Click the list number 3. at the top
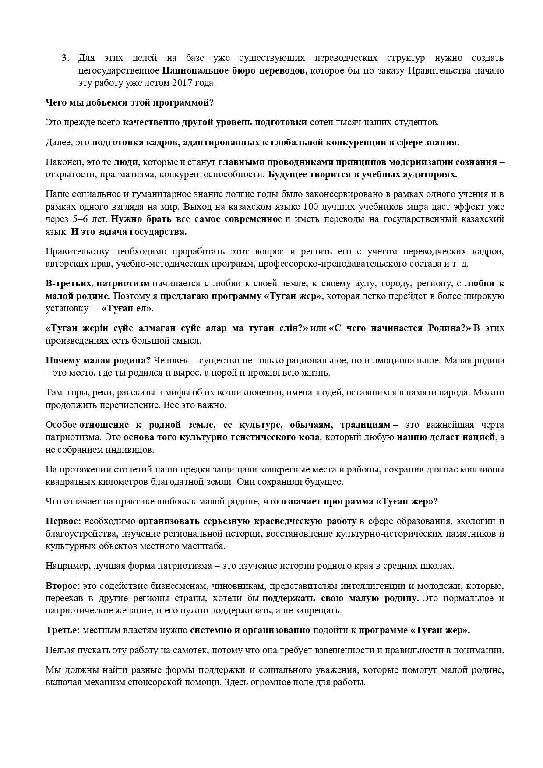65,58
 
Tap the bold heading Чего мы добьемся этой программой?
130,103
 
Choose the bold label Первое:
63,521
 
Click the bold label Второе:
63,586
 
